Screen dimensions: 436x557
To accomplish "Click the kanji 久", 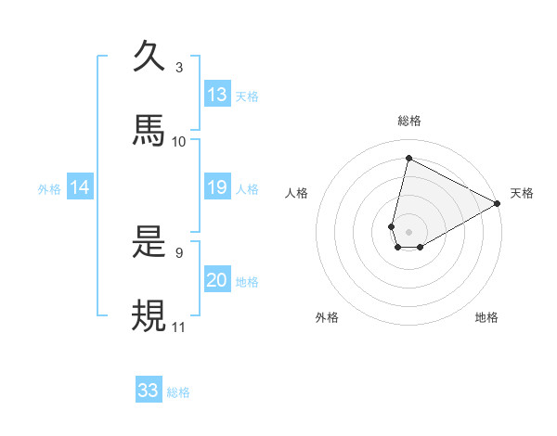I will [x=149, y=57].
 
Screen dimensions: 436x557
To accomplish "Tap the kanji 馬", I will [x=149, y=129].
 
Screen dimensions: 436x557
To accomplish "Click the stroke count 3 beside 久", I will [x=179, y=68].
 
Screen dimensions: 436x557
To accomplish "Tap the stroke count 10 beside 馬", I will [x=179, y=141].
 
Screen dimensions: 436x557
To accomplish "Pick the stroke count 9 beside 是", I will [x=179, y=251].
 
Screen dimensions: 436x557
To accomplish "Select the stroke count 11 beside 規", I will [x=179, y=327].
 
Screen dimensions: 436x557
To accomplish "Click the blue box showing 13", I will [x=217, y=95].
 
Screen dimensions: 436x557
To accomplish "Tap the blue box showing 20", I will [x=217, y=280].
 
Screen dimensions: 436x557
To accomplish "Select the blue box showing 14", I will [x=80, y=188].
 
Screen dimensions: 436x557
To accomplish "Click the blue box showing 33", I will [x=149, y=391].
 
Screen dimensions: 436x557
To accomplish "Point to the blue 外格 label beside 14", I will [x=49, y=189].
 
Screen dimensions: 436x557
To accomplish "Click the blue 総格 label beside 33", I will [x=178, y=392].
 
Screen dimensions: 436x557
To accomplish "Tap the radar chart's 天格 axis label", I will [x=523, y=193].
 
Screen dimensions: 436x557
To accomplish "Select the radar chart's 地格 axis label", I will [x=486, y=317].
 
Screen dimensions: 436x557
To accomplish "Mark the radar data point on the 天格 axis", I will [x=499, y=204].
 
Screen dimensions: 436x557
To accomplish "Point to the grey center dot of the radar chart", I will [x=408, y=232].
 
